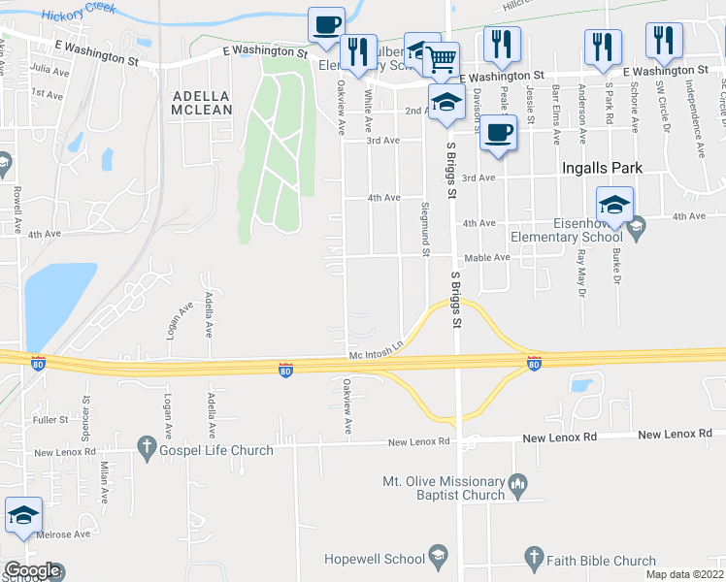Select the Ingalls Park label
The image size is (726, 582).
(x=602, y=168)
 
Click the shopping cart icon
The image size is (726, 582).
(x=442, y=59)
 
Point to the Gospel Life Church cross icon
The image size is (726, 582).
(x=148, y=447)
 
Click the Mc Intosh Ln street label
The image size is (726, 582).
(x=376, y=354)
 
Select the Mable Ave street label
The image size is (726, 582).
(x=486, y=258)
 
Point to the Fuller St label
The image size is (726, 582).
(x=50, y=420)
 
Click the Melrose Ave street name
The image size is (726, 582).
(x=63, y=533)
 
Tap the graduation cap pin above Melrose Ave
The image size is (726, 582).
(x=23, y=517)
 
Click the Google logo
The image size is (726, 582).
(x=32, y=571)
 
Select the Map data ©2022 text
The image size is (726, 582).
(x=684, y=574)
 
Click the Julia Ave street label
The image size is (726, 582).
(x=49, y=69)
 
